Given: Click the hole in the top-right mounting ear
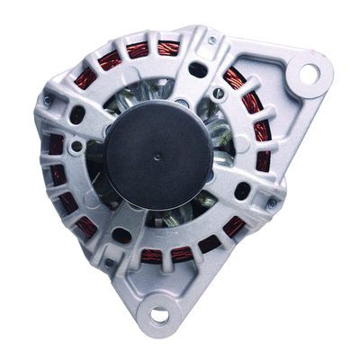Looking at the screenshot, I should pos(309,74).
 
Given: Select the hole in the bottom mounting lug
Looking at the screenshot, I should pos(160,314).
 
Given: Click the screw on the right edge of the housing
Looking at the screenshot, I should pos(271,203).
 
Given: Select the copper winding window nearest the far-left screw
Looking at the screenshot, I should pos(56,145).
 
